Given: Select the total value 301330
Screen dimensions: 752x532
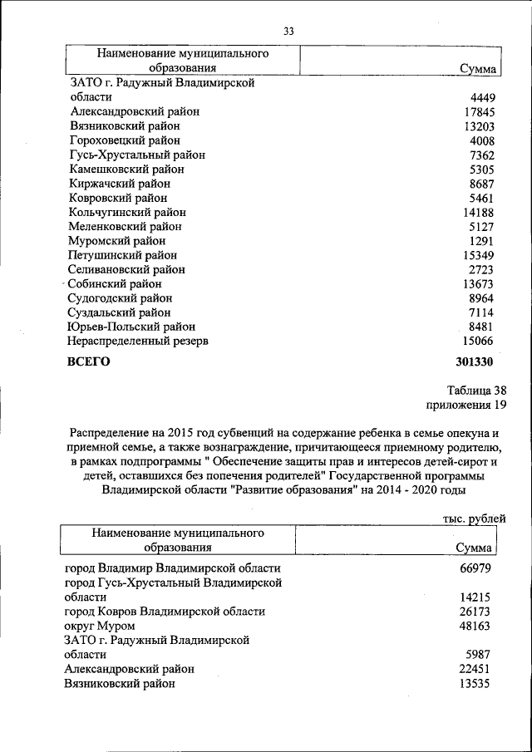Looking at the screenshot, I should coord(475,362).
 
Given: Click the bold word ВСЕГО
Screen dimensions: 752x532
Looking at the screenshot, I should coord(88,362).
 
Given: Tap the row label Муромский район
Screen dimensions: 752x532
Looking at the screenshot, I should coord(118,241).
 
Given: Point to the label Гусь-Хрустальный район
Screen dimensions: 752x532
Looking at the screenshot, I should coord(137,155).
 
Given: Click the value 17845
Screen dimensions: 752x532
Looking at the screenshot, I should coord(478,112).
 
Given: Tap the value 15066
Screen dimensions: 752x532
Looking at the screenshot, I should coord(478,341).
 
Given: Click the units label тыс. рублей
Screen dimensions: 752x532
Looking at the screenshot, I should coord(473,519).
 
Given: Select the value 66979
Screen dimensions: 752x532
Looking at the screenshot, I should coord(475,568).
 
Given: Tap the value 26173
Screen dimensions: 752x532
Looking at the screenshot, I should coord(475,612).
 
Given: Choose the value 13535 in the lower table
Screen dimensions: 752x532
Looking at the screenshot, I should coord(475,684).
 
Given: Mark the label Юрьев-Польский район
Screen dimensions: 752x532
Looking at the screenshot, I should coord(131,327).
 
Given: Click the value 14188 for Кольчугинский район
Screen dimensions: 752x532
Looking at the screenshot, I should coord(478,212).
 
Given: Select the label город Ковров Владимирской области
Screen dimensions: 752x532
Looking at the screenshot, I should coord(165,612).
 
